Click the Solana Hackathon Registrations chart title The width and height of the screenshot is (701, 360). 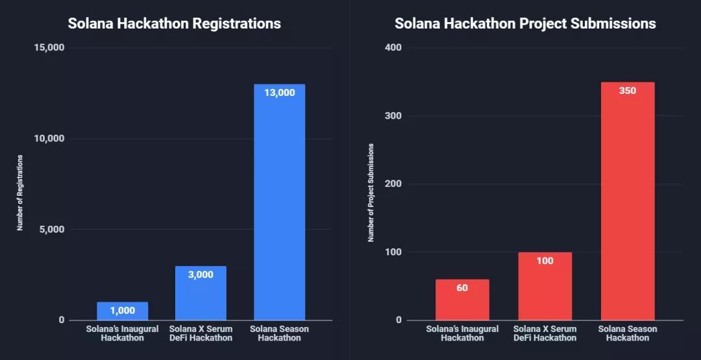pyautogui.click(x=174, y=23)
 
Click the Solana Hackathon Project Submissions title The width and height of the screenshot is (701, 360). pyautogui.click(x=525, y=23)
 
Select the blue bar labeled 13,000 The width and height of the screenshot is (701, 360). pyautogui.click(x=279, y=208)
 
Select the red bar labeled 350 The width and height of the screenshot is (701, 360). pyautogui.click(x=628, y=208)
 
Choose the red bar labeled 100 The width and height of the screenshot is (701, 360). pyautogui.click(x=545, y=292)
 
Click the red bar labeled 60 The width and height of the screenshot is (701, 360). pyautogui.click(x=462, y=302)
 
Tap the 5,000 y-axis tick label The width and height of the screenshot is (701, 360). pyautogui.click(x=49, y=230)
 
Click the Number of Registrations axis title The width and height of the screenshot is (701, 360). pyautogui.click(x=20, y=193)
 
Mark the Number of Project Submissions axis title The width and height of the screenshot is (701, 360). pyautogui.click(x=371, y=193)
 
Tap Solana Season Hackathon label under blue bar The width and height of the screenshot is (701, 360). pyautogui.click(x=279, y=333)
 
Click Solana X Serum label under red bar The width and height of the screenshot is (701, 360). pyautogui.click(x=545, y=333)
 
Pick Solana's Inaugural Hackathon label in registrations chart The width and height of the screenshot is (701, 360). pyautogui.click(x=122, y=333)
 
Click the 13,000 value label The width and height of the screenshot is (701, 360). pyautogui.click(x=279, y=93)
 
